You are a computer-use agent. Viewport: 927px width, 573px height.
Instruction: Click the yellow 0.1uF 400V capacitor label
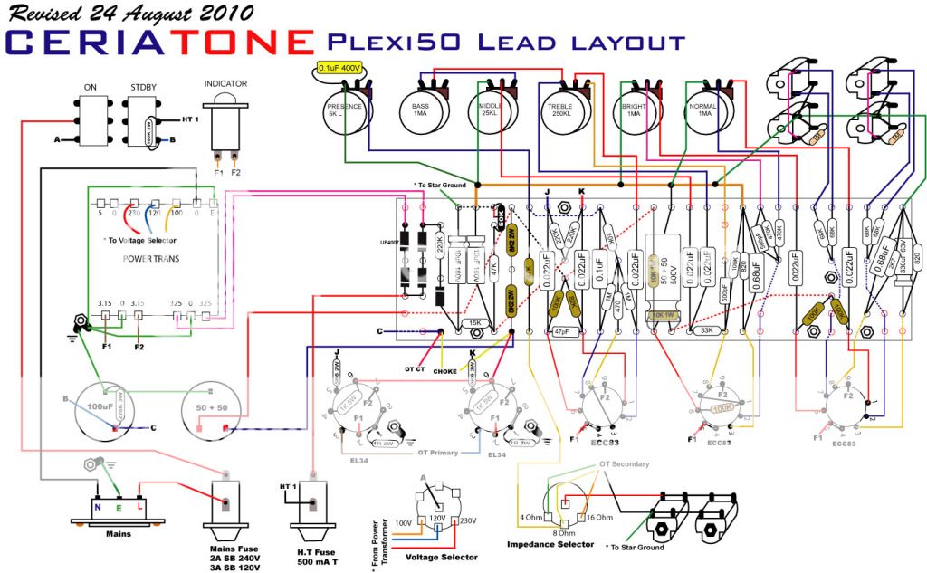tap(339, 68)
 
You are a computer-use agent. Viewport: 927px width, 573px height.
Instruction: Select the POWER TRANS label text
tap(151, 259)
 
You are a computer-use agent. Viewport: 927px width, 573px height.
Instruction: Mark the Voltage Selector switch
tap(435, 516)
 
